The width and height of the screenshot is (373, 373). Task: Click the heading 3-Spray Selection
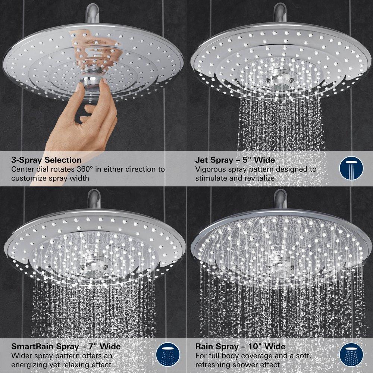(x=46, y=160)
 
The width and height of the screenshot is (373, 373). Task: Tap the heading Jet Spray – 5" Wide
(x=235, y=160)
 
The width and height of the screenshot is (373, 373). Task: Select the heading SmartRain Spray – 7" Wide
(x=66, y=347)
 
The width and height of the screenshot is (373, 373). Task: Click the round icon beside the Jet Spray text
(x=351, y=169)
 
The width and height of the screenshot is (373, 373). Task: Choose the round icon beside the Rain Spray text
(x=351, y=355)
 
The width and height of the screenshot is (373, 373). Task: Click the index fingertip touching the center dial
(x=80, y=87)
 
